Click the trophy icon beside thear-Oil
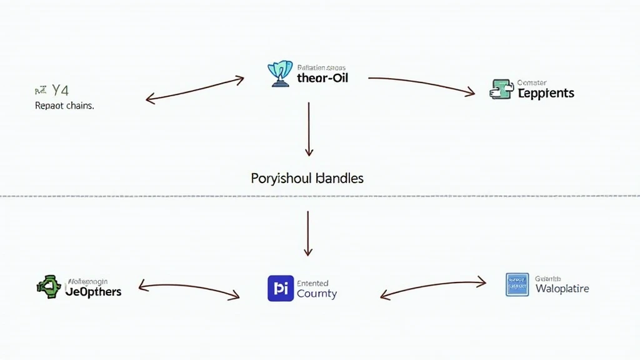coord(280,73)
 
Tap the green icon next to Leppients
coord(501,90)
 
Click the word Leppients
coord(546,93)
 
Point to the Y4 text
coord(60,90)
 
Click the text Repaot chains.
coord(64,106)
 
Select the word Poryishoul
coord(281,178)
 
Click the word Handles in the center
coord(339,178)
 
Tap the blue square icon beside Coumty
coord(280,288)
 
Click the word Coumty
coord(317,294)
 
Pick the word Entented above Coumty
coord(312,283)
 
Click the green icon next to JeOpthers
coord(49,287)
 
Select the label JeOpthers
coord(93,291)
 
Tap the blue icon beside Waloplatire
coord(517,284)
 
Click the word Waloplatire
coord(562,289)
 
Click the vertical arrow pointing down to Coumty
coord(307,232)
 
